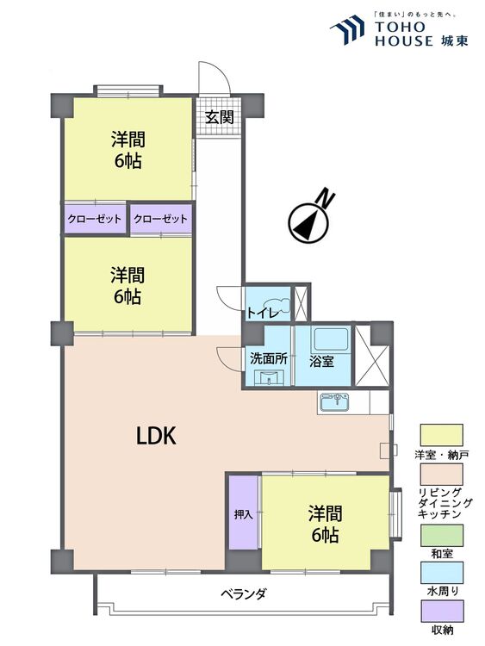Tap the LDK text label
coord(157,436)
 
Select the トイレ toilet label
coord(261,313)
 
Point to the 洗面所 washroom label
coord(268,357)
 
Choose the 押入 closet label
coord(243,514)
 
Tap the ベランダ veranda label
coord(243,593)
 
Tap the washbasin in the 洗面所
coord(268,378)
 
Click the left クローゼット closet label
coord(95,219)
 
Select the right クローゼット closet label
coord(161,219)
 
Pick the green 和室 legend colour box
coord(441,533)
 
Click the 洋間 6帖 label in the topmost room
coord(127,149)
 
